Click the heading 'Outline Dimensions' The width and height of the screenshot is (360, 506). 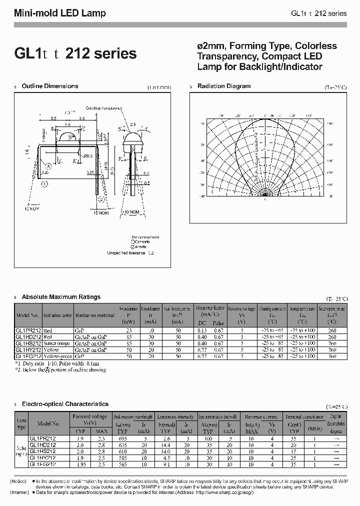[50, 86]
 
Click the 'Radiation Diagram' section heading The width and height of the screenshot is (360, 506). [224, 86]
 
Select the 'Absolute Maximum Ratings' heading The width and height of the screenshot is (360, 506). [61, 297]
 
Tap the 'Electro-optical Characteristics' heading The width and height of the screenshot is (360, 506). [65, 403]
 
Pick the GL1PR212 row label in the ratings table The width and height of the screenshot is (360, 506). [28, 331]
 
